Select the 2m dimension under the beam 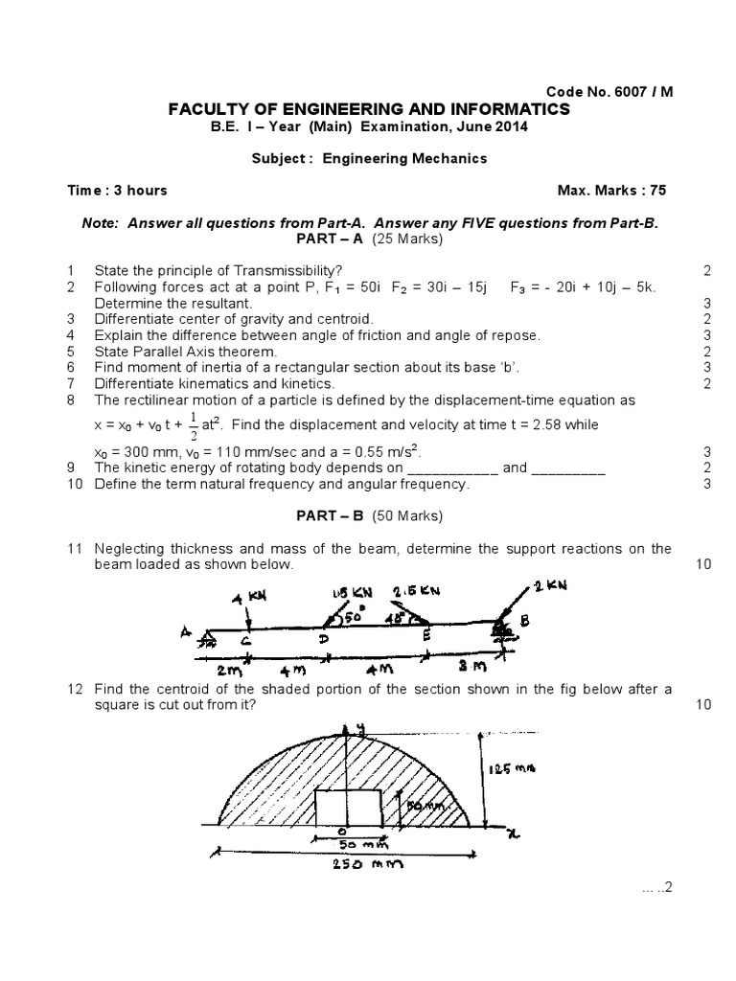[228, 668]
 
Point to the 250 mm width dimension [363, 864]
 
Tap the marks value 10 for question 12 [703, 705]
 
